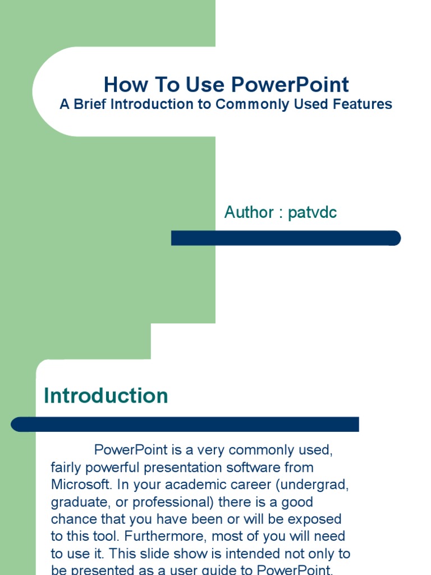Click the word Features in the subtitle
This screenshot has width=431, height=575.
365,104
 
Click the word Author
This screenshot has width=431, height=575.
249,212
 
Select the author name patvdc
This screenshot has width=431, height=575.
312,212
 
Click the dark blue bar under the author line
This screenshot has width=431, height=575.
286,238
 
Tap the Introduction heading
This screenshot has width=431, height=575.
106,396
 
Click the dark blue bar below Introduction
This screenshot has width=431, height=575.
185,425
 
